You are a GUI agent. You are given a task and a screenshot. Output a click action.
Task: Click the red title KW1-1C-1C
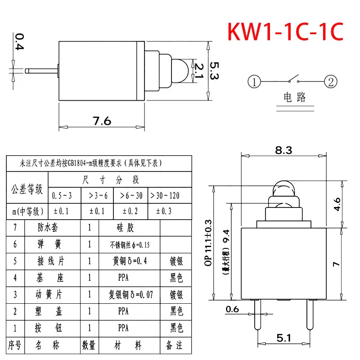(x=286, y=32)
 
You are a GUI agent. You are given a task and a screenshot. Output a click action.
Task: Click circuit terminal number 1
(x=254, y=82)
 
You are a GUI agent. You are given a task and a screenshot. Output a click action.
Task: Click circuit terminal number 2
(x=331, y=82)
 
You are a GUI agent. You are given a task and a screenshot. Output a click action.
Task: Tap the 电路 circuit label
(x=294, y=97)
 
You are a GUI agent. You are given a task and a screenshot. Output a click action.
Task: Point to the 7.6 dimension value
(x=102, y=121)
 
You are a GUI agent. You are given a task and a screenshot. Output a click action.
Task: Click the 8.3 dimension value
(x=283, y=151)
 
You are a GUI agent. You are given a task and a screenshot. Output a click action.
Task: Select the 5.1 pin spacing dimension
(x=284, y=337)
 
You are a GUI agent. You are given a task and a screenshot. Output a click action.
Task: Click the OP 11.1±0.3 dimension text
(x=208, y=243)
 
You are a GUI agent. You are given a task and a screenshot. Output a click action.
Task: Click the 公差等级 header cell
(x=27, y=188)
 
